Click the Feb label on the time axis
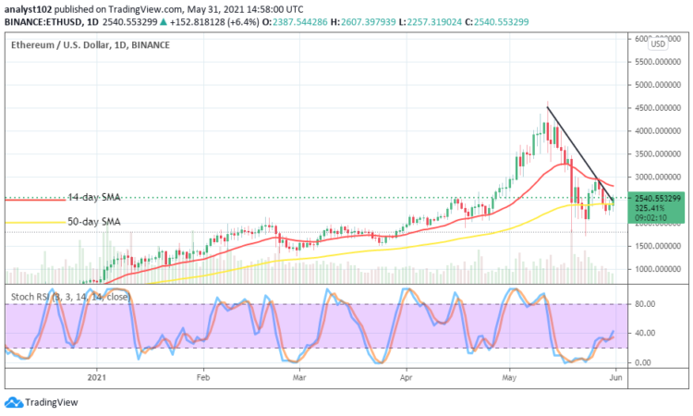coord(203,377)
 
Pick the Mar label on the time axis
coord(299,377)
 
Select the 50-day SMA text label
coord(96,222)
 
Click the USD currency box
coord(658,43)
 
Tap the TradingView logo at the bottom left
coord(41,402)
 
